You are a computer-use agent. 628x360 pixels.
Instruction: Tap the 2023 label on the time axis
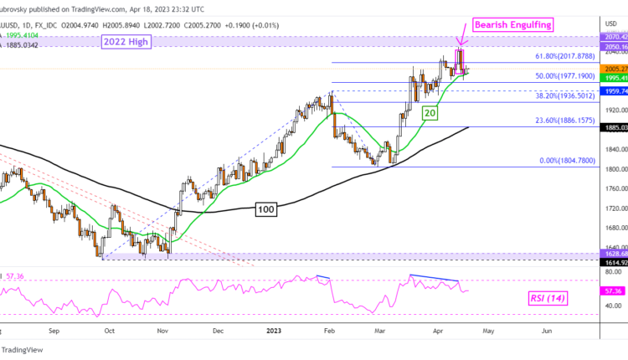click(x=275, y=330)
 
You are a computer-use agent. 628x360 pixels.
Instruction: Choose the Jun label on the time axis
click(x=546, y=330)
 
